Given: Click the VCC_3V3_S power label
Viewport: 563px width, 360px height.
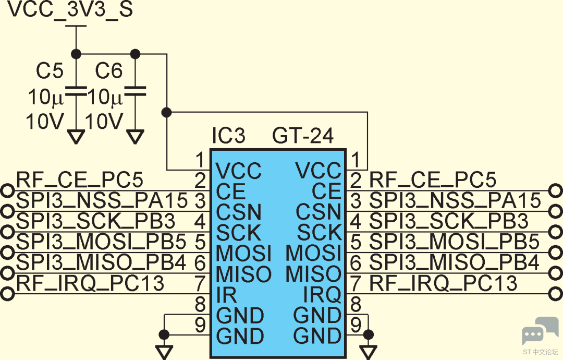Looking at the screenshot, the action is click(70, 9).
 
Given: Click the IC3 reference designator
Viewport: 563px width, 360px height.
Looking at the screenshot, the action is click(228, 136).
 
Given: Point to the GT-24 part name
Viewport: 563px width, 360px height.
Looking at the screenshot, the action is click(303, 136).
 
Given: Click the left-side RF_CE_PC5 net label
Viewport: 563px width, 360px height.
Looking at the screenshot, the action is click(79, 179).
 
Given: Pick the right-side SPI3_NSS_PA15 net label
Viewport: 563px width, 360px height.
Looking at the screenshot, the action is click(455, 200).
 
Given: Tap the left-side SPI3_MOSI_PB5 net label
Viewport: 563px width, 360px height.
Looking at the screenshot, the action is click(101, 242).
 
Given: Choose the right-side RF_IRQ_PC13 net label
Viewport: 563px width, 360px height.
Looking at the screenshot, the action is click(444, 283).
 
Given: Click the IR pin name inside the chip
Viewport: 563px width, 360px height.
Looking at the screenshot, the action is click(227, 295).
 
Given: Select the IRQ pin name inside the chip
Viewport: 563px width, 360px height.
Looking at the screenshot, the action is click(322, 295).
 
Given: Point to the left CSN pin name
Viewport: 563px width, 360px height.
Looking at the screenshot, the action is click(238, 212).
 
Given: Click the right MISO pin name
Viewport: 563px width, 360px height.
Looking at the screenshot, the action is click(313, 274).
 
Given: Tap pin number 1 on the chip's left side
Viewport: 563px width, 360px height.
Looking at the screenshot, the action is click(200, 160).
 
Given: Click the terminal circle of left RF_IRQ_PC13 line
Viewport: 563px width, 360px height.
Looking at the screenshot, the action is click(7, 294).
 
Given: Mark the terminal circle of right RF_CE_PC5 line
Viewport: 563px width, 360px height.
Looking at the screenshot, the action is click(556, 190).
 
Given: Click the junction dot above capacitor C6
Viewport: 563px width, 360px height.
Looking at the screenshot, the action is click(136, 54).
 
